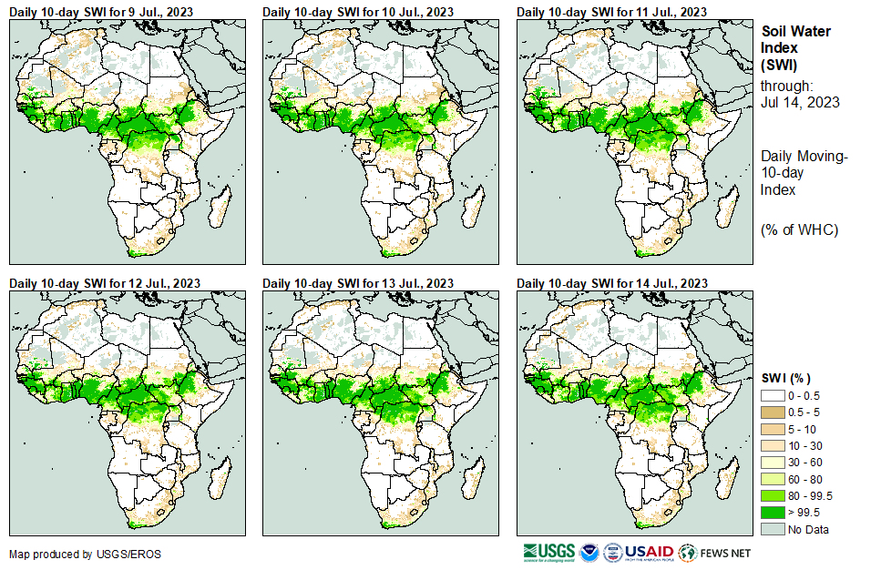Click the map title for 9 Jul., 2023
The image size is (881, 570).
tap(104, 12)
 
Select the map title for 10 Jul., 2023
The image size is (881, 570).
tap(358, 12)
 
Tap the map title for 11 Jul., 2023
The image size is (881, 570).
tap(612, 12)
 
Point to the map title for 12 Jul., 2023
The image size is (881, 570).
tap(104, 284)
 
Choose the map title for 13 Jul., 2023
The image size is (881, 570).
tap(358, 284)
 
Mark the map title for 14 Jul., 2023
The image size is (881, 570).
tap(612, 284)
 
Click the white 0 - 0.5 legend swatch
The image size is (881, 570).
tap(773, 395)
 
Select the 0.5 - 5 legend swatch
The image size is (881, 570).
tap(773, 412)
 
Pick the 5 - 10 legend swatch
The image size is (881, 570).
tap(773, 429)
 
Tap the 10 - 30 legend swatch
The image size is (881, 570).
tap(773, 445)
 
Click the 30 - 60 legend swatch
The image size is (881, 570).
tap(773, 463)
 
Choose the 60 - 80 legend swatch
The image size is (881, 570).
tap(773, 479)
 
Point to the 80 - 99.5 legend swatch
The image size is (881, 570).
tap(773, 496)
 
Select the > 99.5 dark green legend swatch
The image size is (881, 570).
tap(773, 513)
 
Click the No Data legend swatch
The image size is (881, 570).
tap(773, 529)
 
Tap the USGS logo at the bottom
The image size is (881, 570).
tap(549, 553)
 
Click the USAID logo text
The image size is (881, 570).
tap(650, 553)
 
